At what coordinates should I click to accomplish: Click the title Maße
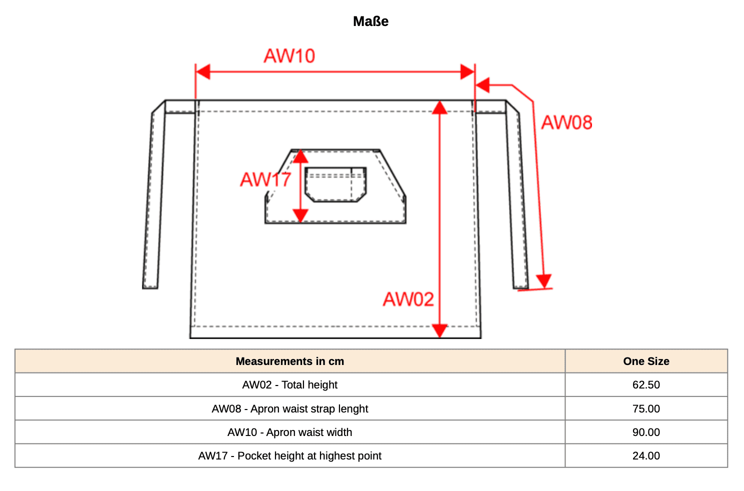coord(370,21)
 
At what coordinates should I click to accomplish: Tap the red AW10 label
coord(289,56)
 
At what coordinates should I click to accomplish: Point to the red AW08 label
coord(566,122)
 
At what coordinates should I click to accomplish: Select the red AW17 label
coord(265,179)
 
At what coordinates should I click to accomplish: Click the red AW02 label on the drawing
coord(408,299)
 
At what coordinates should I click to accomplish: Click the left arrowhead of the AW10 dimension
coord(203,72)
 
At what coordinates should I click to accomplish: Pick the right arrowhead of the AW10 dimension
coord(467,72)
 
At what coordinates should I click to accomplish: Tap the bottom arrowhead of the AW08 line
coord(543,281)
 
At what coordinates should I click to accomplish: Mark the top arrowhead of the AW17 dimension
coord(300,156)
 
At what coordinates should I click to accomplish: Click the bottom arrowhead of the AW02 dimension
coord(439,331)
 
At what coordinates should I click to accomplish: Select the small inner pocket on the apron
coord(335,184)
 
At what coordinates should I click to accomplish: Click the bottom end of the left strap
coord(150,288)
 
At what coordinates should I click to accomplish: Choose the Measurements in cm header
coord(289,361)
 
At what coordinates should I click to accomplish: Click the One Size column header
coord(646,361)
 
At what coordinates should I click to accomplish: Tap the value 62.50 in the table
coord(646,384)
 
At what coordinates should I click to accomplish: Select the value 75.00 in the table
coord(646,408)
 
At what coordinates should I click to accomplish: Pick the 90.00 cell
coord(646,432)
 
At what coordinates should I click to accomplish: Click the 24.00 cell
coord(646,456)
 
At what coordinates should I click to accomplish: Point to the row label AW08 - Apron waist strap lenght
coord(289,408)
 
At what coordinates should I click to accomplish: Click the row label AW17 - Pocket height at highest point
coord(289,456)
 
